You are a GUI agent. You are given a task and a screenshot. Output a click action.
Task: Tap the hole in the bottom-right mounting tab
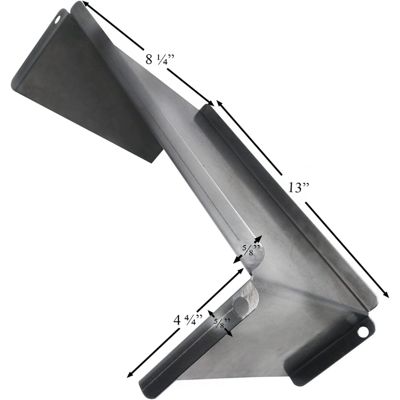click(362, 333)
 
